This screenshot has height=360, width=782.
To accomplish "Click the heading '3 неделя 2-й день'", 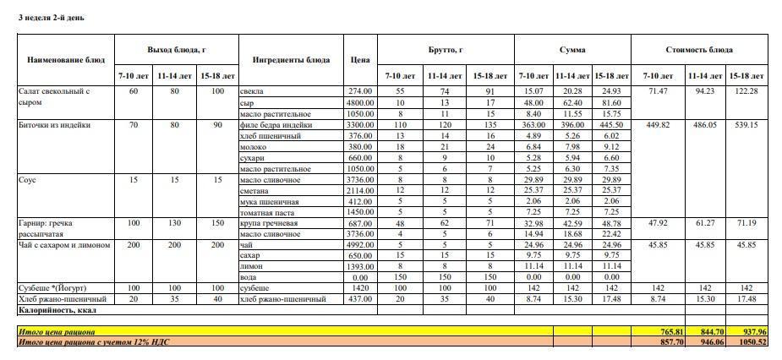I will [x=51, y=17].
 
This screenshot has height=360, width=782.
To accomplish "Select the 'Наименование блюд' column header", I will [x=66, y=60].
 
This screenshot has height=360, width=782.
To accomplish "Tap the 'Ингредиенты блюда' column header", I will [x=291, y=60].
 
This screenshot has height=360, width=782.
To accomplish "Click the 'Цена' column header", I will [x=359, y=60].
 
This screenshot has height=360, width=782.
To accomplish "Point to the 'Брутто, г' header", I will [x=446, y=50].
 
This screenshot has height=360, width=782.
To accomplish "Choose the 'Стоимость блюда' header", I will [x=699, y=50].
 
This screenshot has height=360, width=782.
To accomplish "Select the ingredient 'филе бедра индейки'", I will [x=276, y=125].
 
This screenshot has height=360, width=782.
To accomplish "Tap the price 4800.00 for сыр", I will [x=360, y=102].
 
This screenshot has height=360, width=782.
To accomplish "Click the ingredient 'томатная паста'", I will [x=268, y=212].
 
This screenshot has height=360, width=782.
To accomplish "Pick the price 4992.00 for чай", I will [x=360, y=245].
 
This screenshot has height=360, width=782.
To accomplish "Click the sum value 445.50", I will [x=611, y=125].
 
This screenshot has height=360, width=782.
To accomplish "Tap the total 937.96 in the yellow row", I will [x=750, y=331].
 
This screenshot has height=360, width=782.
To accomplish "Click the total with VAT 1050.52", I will [x=748, y=342].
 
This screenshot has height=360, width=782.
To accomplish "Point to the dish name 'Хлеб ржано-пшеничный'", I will [x=62, y=299].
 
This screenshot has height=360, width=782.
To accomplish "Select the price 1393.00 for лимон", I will [x=360, y=267].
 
